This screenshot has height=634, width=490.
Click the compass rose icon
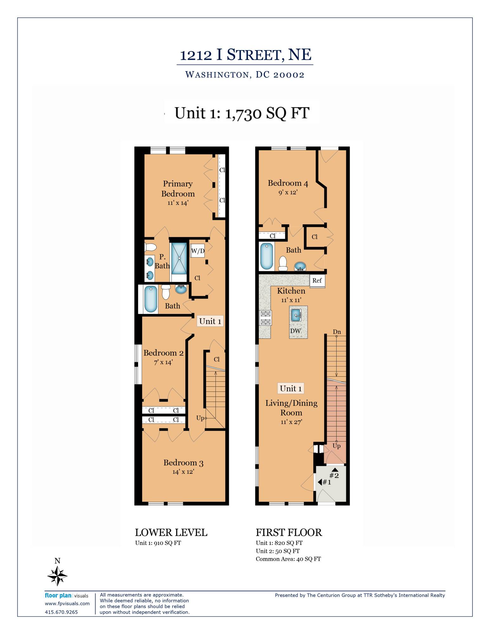(x=57, y=576)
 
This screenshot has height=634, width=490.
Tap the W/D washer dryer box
(x=197, y=251)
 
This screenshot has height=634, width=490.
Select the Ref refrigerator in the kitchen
(x=317, y=281)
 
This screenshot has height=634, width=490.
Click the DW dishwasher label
(x=295, y=331)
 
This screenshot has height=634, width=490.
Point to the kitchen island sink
(x=296, y=315)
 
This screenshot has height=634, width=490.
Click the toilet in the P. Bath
(x=150, y=247)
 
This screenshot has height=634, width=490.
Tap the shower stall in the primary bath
(x=179, y=258)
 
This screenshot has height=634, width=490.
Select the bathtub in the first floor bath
(x=267, y=256)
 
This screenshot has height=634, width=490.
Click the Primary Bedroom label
(x=178, y=189)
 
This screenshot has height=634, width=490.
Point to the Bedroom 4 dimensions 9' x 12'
(x=288, y=192)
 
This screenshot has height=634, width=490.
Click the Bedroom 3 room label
(x=183, y=463)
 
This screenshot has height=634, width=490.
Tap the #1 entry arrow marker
(x=325, y=482)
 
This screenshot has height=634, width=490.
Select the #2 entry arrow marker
(x=334, y=473)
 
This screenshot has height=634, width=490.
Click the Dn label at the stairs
(x=337, y=332)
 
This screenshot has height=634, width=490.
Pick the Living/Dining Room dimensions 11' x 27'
(x=291, y=422)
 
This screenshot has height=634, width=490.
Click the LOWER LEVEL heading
(x=171, y=532)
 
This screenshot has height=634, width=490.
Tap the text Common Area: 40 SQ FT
(x=288, y=559)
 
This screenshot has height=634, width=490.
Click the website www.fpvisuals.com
(x=67, y=604)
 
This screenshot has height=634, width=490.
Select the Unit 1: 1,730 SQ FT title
(x=242, y=113)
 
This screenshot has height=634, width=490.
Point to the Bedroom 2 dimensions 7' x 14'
(x=164, y=362)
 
